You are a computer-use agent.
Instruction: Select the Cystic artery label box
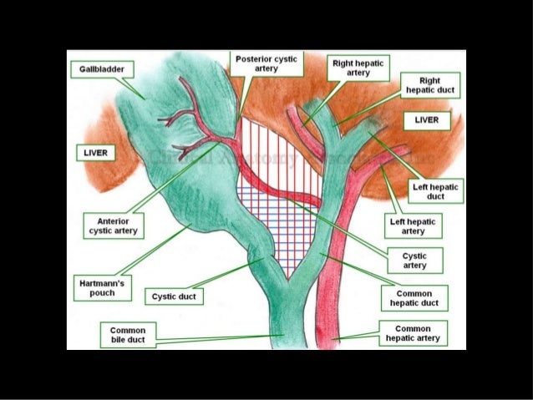pos(414,261)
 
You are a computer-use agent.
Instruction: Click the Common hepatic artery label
pos(413,334)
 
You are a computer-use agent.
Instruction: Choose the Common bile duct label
pos(128,336)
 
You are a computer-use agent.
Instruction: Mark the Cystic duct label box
pos(175,297)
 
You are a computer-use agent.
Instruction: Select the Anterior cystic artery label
pos(113,225)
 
